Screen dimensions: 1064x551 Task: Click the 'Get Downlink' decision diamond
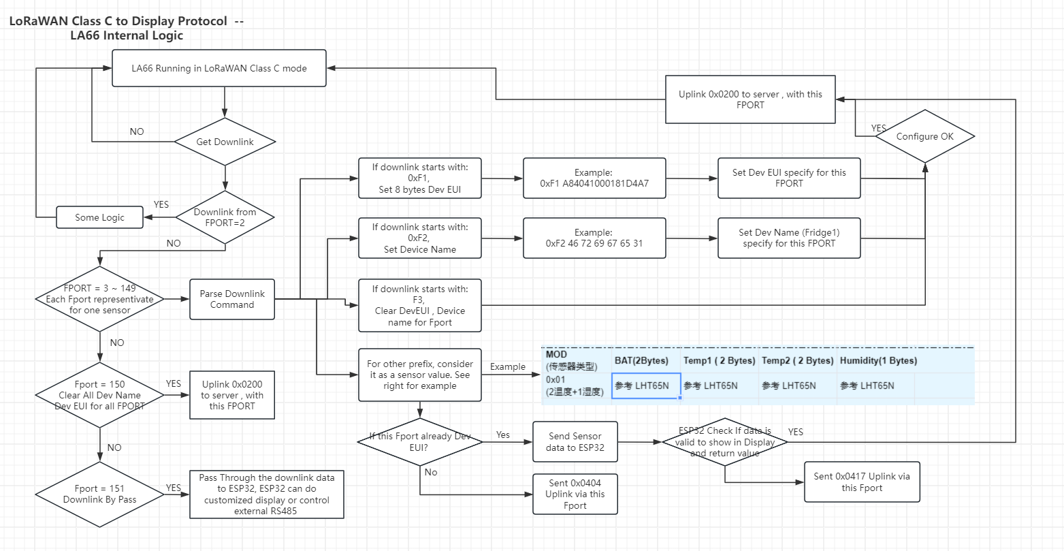point(225,142)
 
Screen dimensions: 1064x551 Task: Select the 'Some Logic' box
point(100,217)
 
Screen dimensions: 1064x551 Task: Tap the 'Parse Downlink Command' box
point(232,299)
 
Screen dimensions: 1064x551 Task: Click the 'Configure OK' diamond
point(925,136)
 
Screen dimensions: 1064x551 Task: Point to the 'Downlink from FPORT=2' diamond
point(225,217)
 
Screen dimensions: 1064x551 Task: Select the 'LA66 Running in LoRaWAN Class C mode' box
point(219,68)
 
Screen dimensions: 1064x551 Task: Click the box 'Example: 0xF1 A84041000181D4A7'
point(594,178)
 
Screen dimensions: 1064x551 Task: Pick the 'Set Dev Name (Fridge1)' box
point(789,238)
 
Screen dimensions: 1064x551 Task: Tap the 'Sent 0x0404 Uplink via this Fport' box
point(575,494)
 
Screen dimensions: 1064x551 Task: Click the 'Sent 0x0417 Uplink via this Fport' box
point(862,482)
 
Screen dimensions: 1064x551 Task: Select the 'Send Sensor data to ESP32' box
point(575,441)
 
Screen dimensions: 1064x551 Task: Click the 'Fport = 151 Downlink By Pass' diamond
point(100,494)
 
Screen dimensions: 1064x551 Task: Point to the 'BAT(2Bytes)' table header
point(641,360)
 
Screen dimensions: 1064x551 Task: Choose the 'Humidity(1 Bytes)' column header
point(878,360)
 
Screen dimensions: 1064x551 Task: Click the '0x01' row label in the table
point(555,379)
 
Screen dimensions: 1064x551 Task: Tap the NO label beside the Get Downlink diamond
point(137,131)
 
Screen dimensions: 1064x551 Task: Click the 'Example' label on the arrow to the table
point(508,366)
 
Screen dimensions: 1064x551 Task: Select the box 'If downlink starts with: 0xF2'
point(420,238)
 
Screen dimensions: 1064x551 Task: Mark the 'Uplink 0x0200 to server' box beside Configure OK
point(750,99)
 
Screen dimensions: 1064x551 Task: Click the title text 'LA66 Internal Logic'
point(127,35)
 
